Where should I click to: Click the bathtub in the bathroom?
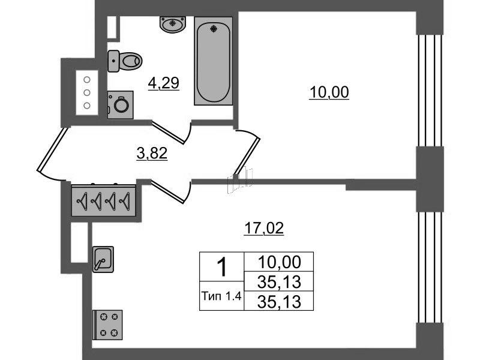[214, 61]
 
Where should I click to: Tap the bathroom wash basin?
[173, 24]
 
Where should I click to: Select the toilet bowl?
[125, 61]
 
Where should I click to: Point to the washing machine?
[121, 104]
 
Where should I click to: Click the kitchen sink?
[103, 259]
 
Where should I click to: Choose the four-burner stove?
[107, 325]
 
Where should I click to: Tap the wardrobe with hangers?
[103, 200]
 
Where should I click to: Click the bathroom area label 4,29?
[163, 83]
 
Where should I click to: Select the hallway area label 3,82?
[152, 153]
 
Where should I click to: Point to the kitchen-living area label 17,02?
[264, 228]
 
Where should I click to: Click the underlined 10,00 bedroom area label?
[329, 92]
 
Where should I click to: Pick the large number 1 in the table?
[221, 267]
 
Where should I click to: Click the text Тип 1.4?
[221, 296]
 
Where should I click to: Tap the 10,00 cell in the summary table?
[279, 262]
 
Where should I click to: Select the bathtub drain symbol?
[214, 29]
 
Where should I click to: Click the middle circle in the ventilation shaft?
[87, 92]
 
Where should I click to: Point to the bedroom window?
[430, 91]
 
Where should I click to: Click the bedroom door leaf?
[247, 157]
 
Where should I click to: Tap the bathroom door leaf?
[169, 132]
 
